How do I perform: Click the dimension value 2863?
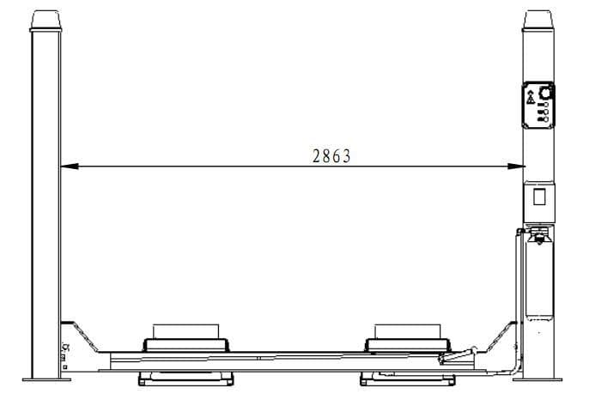(x=331, y=156)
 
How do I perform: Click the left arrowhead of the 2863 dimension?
(x=70, y=166)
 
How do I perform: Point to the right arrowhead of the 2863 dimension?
(x=516, y=166)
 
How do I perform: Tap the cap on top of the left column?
(x=46, y=21)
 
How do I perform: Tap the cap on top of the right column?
(x=538, y=21)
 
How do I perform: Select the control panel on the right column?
(x=538, y=106)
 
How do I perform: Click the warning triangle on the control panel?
(x=531, y=97)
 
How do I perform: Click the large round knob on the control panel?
(x=544, y=93)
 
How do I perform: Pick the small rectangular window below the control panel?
(x=539, y=197)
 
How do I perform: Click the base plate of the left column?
(x=46, y=379)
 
